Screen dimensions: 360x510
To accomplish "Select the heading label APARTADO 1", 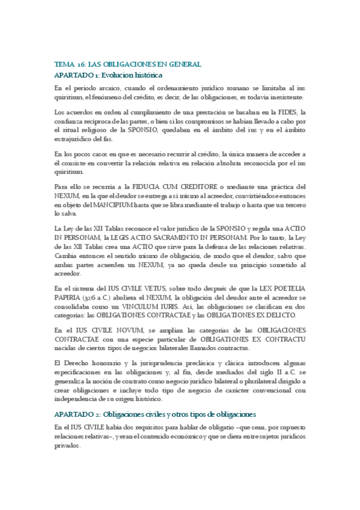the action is coord(76,75).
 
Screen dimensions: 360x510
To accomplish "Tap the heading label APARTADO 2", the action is coord(76,414).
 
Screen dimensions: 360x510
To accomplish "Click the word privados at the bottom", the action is coord(67,447).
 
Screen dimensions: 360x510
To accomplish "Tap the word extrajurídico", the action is coord(73,138).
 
